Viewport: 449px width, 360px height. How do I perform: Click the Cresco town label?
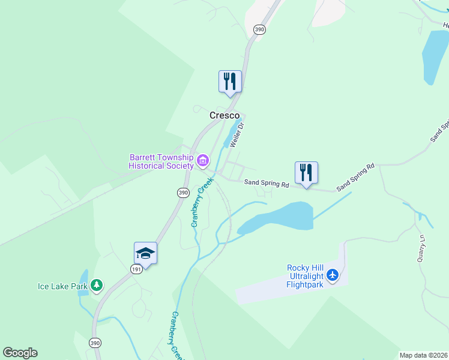point(224,115)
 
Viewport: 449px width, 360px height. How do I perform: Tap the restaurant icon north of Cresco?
point(230,81)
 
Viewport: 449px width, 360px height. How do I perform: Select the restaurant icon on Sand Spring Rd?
point(306,173)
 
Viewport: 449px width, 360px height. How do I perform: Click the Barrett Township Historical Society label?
point(161,161)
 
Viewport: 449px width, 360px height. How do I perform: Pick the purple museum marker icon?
point(203,160)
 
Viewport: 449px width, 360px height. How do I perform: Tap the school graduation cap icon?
point(145,253)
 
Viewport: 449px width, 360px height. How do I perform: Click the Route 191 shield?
point(137,271)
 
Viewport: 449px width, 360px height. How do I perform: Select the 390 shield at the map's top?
point(259,29)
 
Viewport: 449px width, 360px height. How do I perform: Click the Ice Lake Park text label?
point(63,286)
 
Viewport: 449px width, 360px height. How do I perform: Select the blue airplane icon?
point(333,276)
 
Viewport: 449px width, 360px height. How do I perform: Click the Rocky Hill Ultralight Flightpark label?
point(305,276)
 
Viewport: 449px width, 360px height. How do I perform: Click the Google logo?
point(20,353)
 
